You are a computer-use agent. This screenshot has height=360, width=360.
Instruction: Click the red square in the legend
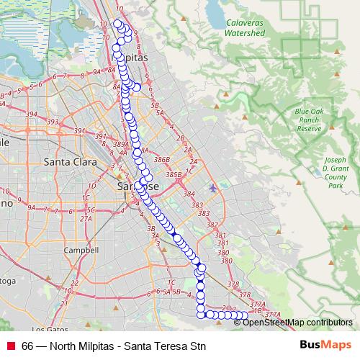coord(10,346)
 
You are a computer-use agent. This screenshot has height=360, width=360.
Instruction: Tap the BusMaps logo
coord(325,346)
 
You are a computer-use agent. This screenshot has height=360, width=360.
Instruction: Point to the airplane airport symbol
coord(212,189)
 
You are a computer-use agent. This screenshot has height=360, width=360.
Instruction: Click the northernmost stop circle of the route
coord(118,24)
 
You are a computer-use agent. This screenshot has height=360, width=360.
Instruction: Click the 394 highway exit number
coord(31,114)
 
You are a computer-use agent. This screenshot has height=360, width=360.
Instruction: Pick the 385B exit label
coord(173,174)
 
